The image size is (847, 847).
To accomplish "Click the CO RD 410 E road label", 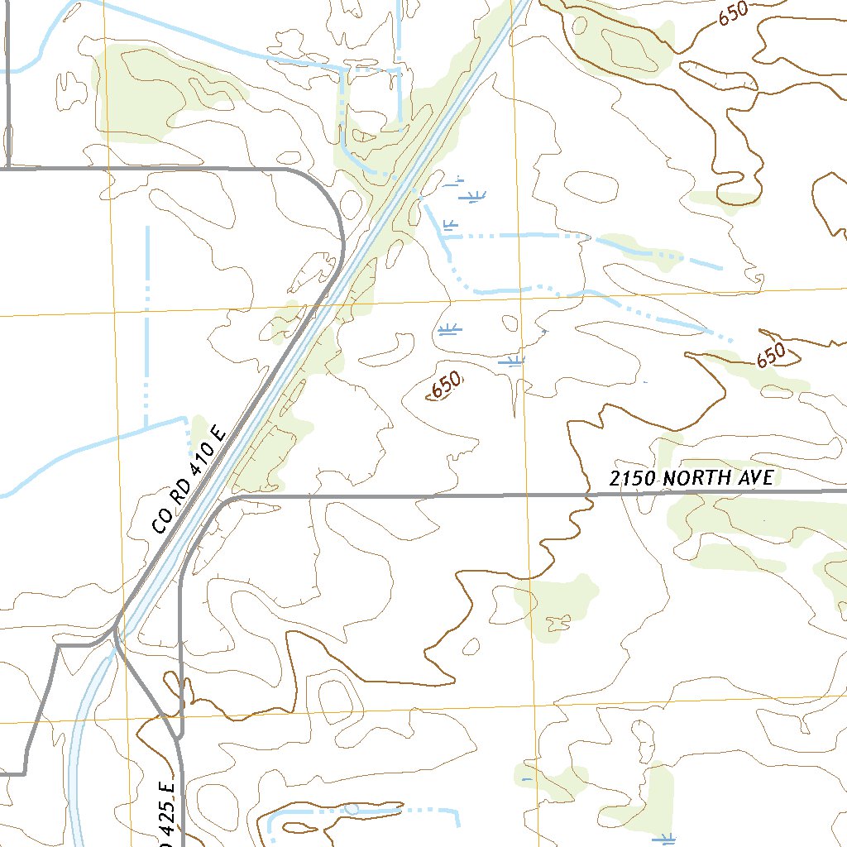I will (x=189, y=487).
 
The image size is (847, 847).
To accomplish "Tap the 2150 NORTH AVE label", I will (x=691, y=477).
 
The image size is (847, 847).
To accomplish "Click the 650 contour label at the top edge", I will (x=733, y=13).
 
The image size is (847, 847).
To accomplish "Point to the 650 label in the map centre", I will (x=446, y=385).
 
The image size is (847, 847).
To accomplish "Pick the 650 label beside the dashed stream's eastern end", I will (x=770, y=356).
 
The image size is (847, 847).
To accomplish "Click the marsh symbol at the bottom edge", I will (x=663, y=839).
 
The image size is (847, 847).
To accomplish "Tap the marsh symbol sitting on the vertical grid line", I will (x=512, y=361).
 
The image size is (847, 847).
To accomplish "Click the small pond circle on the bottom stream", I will (x=352, y=809).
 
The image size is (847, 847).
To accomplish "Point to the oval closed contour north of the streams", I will (x=588, y=187).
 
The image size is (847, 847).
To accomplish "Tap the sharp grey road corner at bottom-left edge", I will (x=25, y=773).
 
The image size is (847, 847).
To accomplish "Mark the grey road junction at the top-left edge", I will (x=8, y=169).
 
